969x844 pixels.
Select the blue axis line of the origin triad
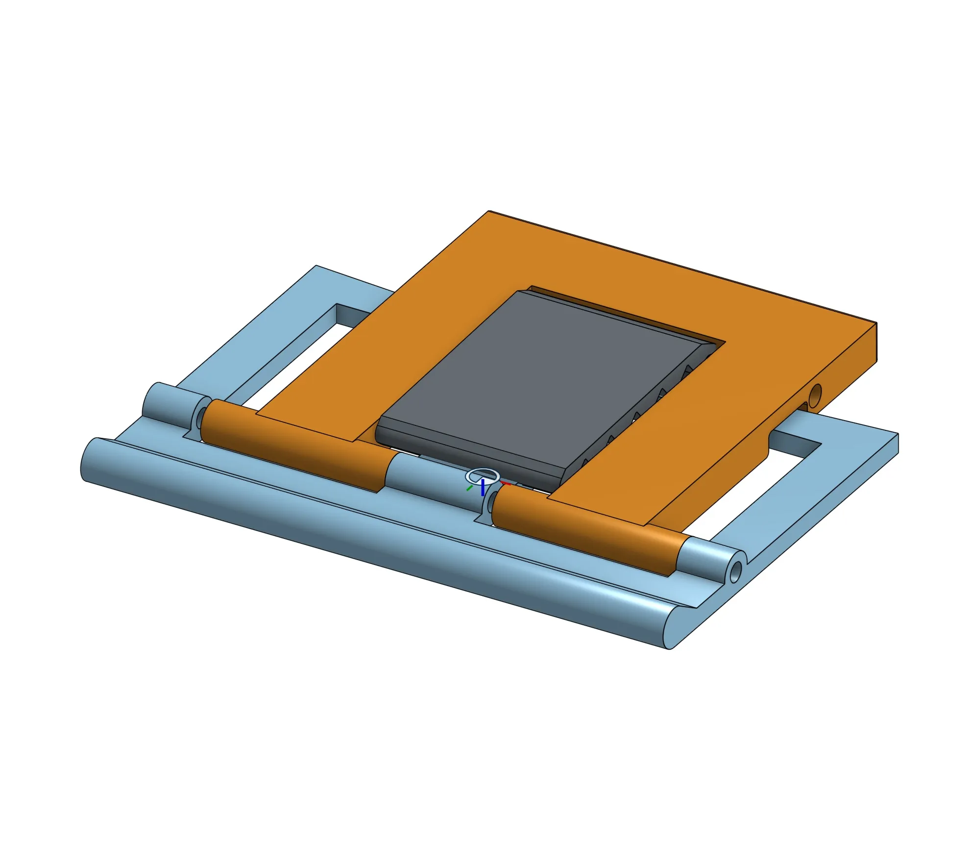point(483,488)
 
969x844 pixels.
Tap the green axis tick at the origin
point(469,488)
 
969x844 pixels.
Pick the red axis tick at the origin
point(506,484)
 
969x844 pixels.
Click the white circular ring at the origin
point(482,475)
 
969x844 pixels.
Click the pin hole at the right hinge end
point(735,572)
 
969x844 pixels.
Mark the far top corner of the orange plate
point(489,212)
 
